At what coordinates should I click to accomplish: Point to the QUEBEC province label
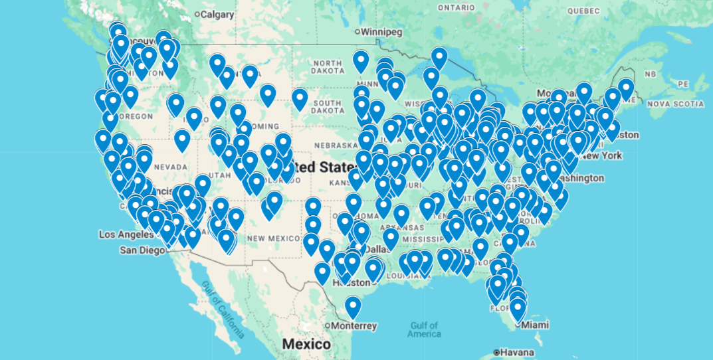(x=583, y=11)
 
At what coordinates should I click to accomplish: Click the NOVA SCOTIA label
(x=675, y=104)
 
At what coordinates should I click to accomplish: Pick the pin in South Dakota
(x=300, y=100)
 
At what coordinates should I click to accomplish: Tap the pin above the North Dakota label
(x=361, y=61)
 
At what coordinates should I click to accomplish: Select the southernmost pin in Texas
(x=353, y=307)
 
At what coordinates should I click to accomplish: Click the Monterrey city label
(x=355, y=325)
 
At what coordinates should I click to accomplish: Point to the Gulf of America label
(x=425, y=329)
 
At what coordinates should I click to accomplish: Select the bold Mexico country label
(x=306, y=344)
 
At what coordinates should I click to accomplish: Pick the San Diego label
(x=142, y=250)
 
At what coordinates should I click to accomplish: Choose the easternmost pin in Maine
(x=626, y=89)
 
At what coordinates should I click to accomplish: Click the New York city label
(x=603, y=155)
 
